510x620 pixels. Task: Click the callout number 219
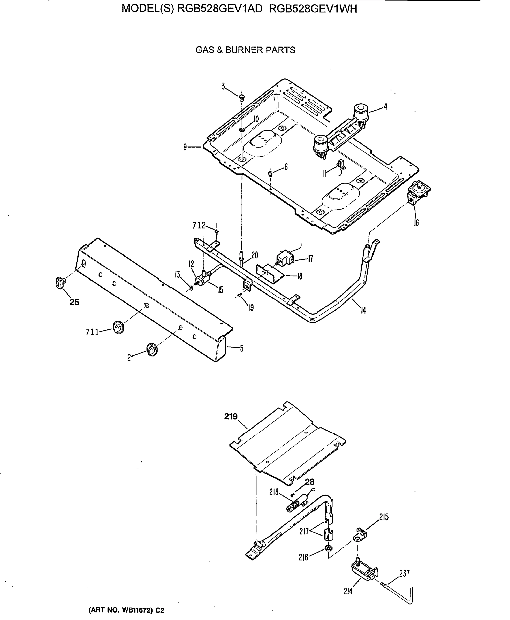pos(231,416)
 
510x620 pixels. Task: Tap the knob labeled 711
pos(118,327)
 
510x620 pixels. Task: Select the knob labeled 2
pos(151,349)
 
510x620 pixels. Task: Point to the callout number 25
pos(74,302)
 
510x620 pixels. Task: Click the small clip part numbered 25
pos(60,282)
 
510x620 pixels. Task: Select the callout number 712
pos(199,226)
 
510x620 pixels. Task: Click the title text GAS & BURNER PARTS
pos(245,50)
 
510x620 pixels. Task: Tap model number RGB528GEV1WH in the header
pos(313,9)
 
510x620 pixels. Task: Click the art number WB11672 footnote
pos(126,610)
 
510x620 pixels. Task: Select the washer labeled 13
pos(191,288)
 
